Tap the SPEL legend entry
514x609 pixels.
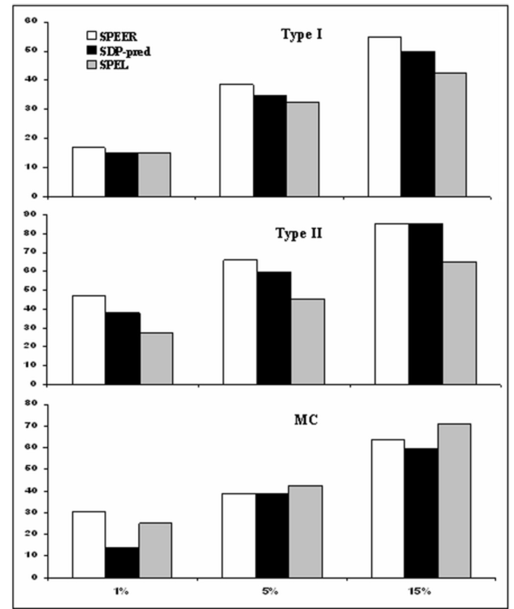[x=108, y=65]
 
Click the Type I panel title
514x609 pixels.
[x=301, y=35]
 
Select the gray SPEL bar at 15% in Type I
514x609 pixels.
[x=450, y=135]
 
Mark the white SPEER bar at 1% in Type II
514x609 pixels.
[x=89, y=340]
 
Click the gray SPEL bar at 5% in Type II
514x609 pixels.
[x=307, y=341]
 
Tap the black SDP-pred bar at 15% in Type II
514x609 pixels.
[x=425, y=304]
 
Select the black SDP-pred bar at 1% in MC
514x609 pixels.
[x=122, y=563]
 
